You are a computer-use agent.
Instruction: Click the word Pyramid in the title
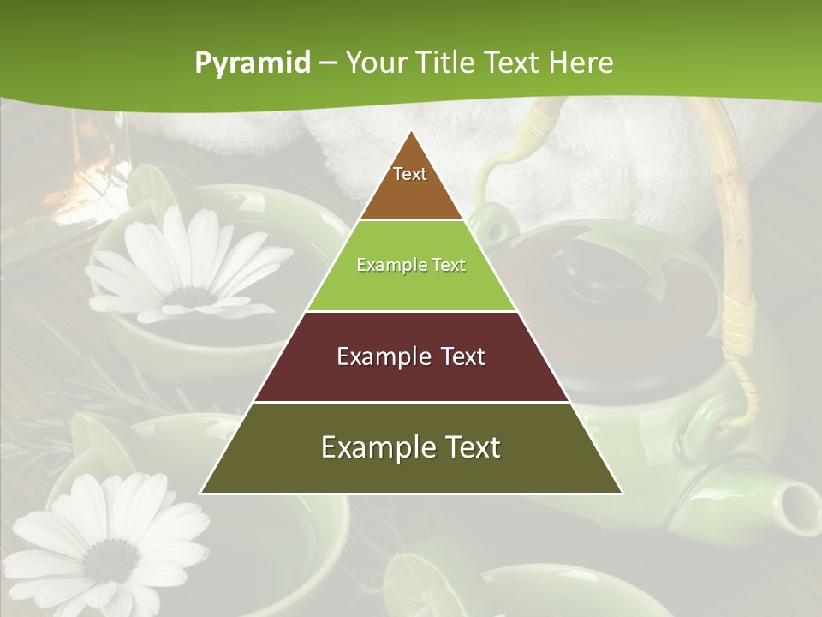point(252,63)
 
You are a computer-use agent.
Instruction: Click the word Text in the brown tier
point(410,174)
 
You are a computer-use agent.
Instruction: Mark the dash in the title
point(328,63)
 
